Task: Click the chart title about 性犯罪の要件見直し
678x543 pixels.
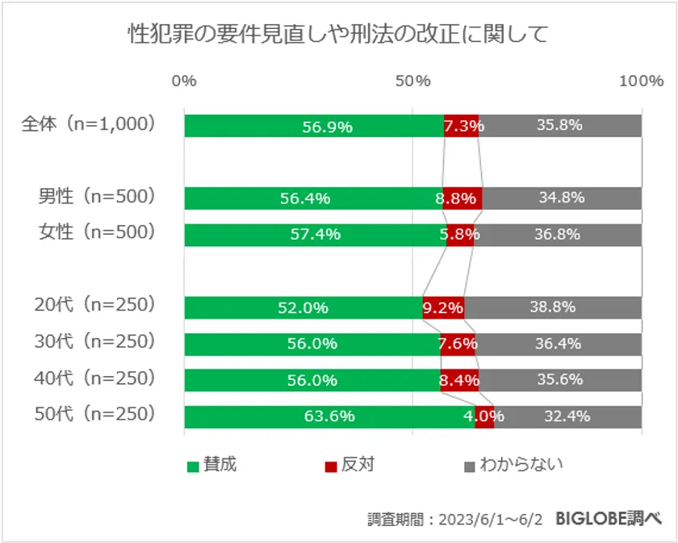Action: [339, 34]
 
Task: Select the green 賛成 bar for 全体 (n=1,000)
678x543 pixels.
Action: [314, 126]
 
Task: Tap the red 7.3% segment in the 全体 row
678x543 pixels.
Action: [462, 126]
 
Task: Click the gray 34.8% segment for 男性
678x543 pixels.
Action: [563, 198]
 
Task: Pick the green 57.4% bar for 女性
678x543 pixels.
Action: [316, 234]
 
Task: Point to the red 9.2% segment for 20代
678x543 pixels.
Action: [443, 307]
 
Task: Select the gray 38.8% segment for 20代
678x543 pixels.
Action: [554, 307]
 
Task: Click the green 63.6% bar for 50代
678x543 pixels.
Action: [329, 416]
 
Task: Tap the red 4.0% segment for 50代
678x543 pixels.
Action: [484, 416]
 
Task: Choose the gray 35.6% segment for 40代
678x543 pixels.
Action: [561, 380]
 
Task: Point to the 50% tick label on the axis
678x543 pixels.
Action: [413, 81]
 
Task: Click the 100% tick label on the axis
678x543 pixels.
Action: [641, 81]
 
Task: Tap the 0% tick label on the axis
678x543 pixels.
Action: [185, 81]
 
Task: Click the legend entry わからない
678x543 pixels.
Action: [521, 465]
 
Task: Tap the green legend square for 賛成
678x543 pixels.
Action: [193, 466]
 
